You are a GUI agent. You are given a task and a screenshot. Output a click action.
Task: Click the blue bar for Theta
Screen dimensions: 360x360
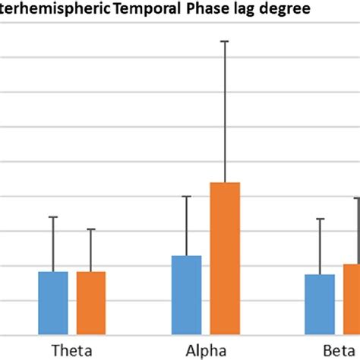tap(53, 302)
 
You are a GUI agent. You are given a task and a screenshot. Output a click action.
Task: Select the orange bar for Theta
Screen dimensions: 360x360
tap(91, 302)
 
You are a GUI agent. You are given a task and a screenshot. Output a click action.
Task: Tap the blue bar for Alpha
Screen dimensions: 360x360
tap(186, 295)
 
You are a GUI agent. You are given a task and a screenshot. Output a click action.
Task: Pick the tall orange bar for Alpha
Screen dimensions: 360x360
tap(225, 258)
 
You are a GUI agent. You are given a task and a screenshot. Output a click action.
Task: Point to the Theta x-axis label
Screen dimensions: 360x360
tap(72, 350)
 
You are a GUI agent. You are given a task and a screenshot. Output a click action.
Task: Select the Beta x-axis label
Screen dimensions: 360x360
tap(334, 350)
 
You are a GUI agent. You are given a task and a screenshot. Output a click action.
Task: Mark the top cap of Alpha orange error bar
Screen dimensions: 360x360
tap(225, 41)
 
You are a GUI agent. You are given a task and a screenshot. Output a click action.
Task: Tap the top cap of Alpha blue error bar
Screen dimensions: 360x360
tap(186, 197)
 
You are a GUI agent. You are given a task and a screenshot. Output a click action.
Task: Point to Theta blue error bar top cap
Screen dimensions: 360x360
tap(53, 217)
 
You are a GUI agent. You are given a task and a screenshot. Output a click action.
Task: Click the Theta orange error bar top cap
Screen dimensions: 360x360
tap(91, 229)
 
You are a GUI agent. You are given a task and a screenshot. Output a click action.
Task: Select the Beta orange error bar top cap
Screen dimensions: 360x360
tap(355, 198)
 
